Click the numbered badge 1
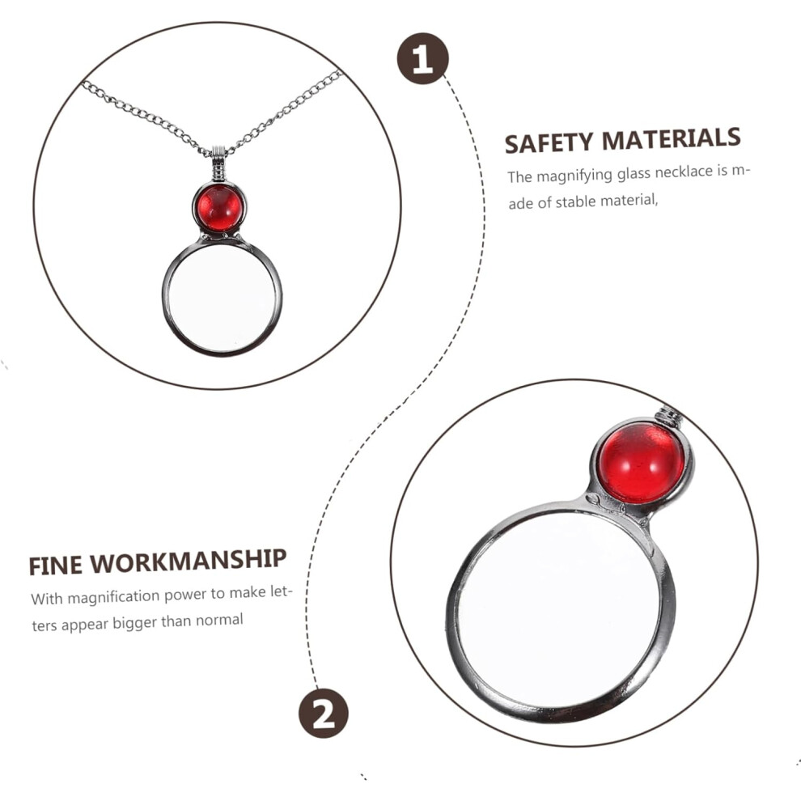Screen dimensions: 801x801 click(422, 58)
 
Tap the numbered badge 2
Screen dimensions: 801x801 click(324, 713)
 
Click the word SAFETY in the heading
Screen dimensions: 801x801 click(549, 143)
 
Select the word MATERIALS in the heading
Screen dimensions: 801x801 click(672, 138)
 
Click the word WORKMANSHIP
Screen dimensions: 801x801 click(188, 561)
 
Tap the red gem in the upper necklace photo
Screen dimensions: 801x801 click(219, 208)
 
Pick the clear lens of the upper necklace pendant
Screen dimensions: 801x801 click(222, 299)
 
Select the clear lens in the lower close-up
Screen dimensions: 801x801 click(559, 610)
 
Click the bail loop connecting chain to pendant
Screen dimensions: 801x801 click(218, 163)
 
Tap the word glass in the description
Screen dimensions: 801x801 click(634, 174)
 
